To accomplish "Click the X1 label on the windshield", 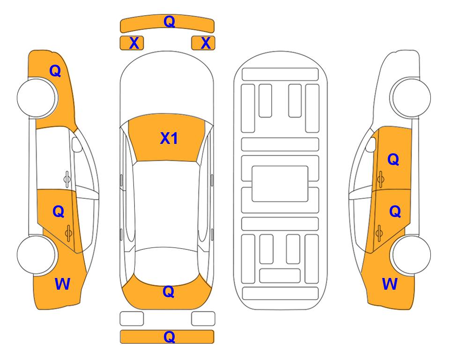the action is pyautogui.click(x=169, y=138).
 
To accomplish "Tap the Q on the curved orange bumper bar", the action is pyautogui.click(x=169, y=21).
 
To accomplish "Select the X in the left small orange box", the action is pyautogui.click(x=134, y=43).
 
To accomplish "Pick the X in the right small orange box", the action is pyautogui.click(x=206, y=43).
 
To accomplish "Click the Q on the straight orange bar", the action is pyautogui.click(x=169, y=337).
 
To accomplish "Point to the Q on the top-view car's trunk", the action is pyautogui.click(x=169, y=292).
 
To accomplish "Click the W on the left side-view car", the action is pyautogui.click(x=62, y=284).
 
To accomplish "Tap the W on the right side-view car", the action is pyautogui.click(x=390, y=284).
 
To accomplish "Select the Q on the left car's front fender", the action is pyautogui.click(x=55, y=71).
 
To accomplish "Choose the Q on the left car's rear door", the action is pyautogui.click(x=59, y=212).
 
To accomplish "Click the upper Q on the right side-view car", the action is pyautogui.click(x=393, y=159).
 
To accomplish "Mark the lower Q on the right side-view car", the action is pyautogui.click(x=395, y=212).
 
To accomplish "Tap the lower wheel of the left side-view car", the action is pyautogui.click(x=36, y=255).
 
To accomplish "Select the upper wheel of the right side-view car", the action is pyautogui.click(x=411, y=97).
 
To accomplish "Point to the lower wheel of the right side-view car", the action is pyautogui.click(x=411, y=255).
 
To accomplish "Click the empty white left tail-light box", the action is pyautogui.click(x=132, y=319).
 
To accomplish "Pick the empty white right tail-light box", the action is pyautogui.click(x=203, y=319).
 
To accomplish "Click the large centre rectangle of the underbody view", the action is pyautogui.click(x=280, y=184).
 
